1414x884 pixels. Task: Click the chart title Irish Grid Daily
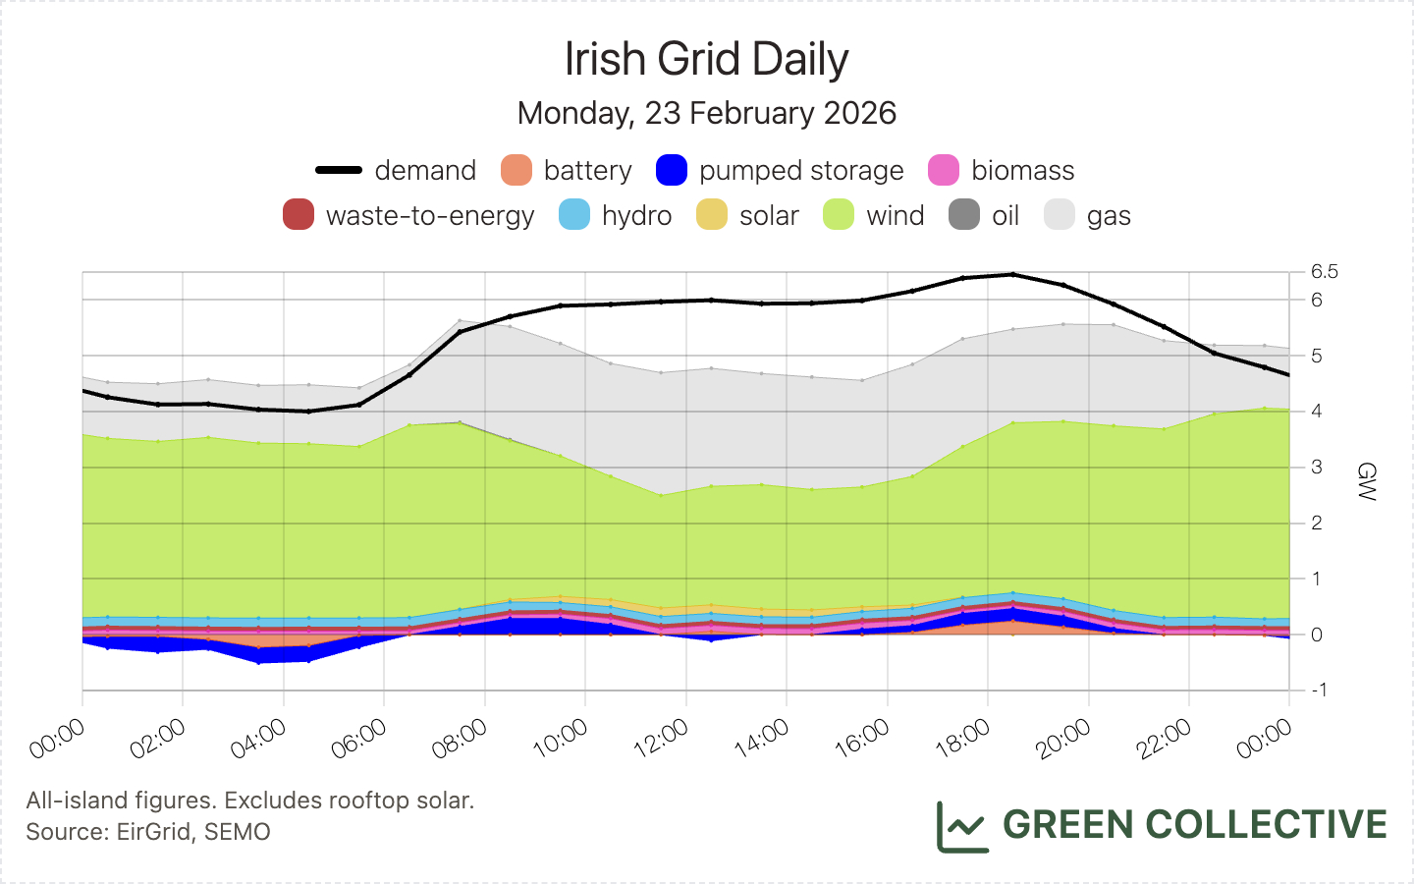(706, 59)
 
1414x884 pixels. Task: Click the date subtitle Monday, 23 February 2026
(706, 113)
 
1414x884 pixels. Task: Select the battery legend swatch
(517, 170)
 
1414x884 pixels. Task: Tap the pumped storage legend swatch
(672, 170)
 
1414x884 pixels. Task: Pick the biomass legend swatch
(944, 170)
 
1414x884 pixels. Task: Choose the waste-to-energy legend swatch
(299, 215)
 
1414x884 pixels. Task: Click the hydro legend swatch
(574, 215)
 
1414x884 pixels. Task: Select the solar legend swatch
(712, 215)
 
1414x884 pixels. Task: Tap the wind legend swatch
(839, 215)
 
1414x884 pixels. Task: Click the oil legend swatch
(964, 215)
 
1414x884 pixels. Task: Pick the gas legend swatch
(1060, 215)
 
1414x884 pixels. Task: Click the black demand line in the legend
(340, 170)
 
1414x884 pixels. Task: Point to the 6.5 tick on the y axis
(1324, 271)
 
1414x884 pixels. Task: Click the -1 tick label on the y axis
(1318, 690)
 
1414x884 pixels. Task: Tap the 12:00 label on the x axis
(662, 739)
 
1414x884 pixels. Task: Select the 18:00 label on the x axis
(963, 739)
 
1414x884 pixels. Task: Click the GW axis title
(1366, 481)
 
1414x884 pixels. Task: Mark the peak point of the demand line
(1013, 274)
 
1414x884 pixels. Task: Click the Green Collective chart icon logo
(961, 826)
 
